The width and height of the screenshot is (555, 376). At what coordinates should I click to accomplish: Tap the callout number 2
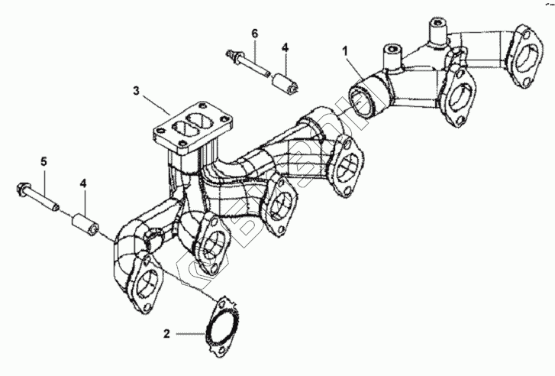click(x=166, y=334)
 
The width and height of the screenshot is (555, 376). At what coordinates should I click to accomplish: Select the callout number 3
click(x=135, y=91)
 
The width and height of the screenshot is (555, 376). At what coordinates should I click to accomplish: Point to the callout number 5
click(x=44, y=161)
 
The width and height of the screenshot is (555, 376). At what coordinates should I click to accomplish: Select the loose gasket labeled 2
click(x=221, y=326)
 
